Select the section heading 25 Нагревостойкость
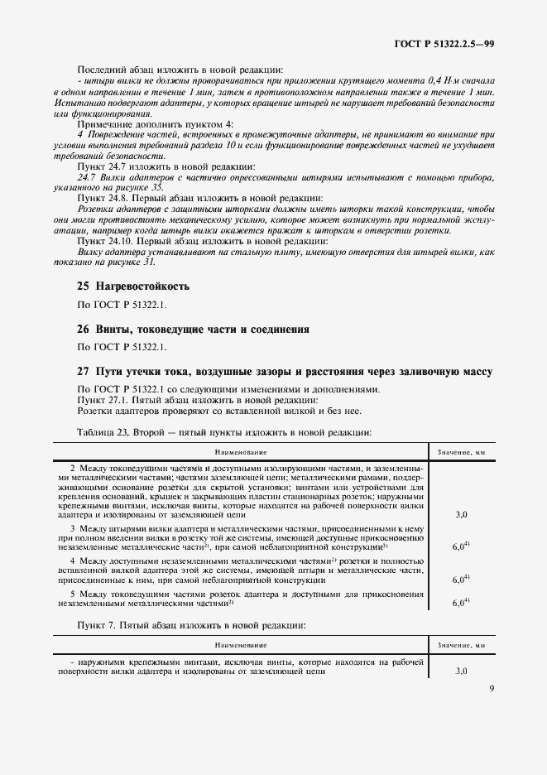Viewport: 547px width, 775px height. pos(133,286)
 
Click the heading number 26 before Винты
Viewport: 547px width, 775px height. pos(82,329)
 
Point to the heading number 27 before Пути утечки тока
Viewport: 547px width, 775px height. pos(82,372)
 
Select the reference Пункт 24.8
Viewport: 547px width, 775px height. pos(103,198)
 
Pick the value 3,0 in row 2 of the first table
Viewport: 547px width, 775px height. pos(461,514)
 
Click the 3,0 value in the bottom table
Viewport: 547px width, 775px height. pos(461,672)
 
